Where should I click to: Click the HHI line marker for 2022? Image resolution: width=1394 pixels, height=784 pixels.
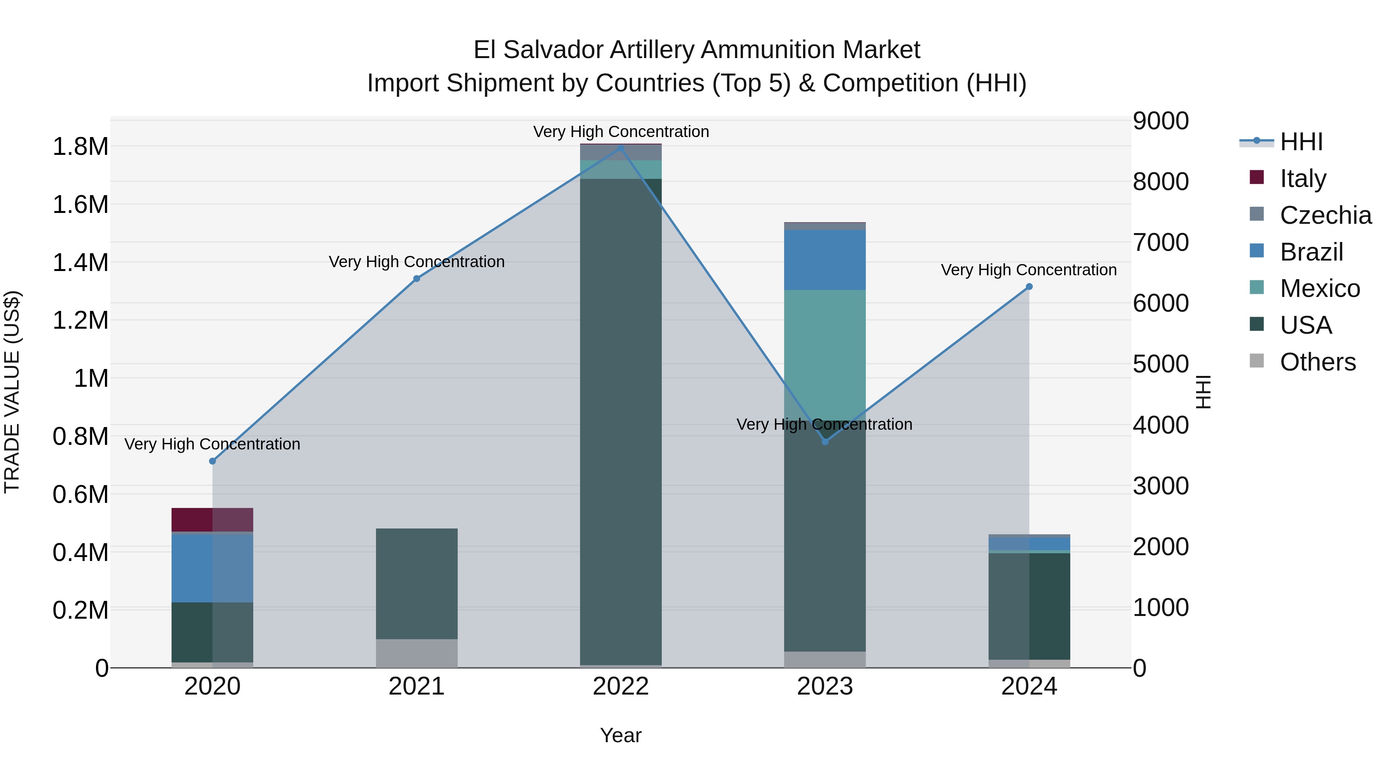[x=621, y=148]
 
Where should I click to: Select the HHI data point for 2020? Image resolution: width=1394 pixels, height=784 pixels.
[x=212, y=461]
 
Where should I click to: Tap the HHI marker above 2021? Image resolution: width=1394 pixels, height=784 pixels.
[x=417, y=279]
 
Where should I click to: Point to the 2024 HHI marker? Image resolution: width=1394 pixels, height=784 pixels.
[x=1029, y=287]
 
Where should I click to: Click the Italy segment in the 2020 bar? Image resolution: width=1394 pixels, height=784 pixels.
[x=212, y=520]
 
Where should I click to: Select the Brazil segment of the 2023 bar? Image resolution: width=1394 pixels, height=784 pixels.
[x=825, y=260]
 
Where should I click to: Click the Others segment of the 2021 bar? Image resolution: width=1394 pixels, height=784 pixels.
[x=417, y=653]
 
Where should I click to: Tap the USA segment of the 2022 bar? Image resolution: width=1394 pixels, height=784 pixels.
[x=621, y=422]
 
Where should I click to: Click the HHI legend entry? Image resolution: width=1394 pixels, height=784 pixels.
[x=1301, y=142]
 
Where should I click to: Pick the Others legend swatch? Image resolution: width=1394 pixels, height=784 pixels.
[x=1257, y=361]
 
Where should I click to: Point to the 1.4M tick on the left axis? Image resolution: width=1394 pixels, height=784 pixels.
[x=80, y=263]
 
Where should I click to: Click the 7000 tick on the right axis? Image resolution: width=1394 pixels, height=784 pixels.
[x=1161, y=242]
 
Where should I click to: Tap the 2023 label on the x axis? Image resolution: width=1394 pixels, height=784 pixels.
[x=825, y=686]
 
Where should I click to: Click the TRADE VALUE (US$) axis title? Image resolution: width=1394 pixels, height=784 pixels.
[x=12, y=392]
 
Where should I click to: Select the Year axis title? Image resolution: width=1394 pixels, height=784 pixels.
[x=621, y=735]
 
